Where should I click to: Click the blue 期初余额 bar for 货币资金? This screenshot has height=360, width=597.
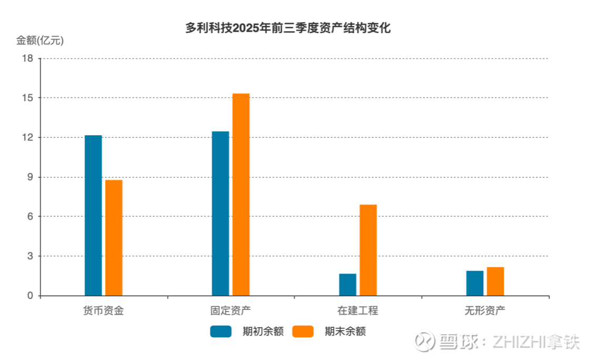pos(93,215)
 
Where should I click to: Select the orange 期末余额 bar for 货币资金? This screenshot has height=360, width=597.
pos(114,238)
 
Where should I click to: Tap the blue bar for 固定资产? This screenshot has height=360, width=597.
pos(221,213)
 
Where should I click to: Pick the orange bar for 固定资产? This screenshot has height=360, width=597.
pos(241,194)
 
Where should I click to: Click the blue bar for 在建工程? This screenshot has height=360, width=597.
pos(347,285)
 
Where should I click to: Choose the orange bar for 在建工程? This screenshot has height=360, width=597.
pos(368,250)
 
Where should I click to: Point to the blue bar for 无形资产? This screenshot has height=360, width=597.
pos(475,283)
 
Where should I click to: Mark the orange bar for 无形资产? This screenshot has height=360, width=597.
pos(495,282)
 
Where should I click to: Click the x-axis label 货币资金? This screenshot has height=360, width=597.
pos(104,311)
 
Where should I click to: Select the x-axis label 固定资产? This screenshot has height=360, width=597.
pos(231,311)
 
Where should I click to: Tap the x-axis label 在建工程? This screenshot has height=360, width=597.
pos(358,311)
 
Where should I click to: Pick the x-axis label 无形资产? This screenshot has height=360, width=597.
pos(485,311)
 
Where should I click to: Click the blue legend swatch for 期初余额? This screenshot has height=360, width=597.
pos(221,332)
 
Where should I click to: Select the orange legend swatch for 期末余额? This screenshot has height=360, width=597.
pos(303,332)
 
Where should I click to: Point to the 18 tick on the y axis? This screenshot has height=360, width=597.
pos(29,58)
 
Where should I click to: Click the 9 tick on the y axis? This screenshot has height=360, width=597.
pos(31,177)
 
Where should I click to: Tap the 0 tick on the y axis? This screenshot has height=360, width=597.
pos(31,296)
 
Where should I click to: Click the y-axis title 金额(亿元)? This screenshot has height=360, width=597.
pos(40,41)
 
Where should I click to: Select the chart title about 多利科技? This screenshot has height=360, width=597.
pos(288,28)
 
